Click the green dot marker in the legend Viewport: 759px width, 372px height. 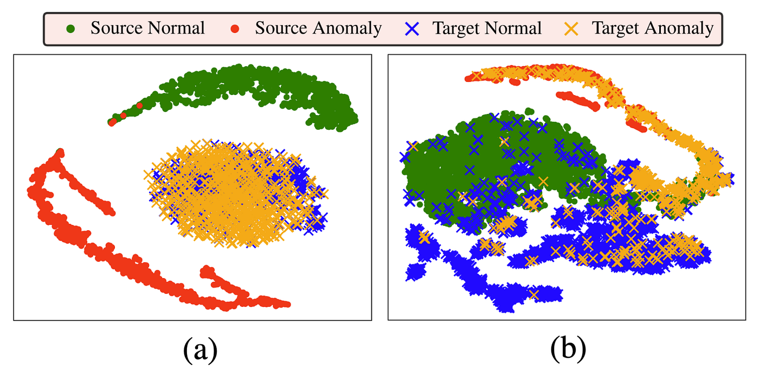[x=70, y=29]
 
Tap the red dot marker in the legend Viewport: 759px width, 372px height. [x=235, y=29]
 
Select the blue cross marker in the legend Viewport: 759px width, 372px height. [x=412, y=29]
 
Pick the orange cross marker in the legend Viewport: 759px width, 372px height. [x=571, y=29]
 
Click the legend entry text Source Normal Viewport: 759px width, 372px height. [x=147, y=28]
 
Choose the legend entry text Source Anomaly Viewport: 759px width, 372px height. [x=319, y=28]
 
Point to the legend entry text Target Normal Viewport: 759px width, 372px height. [x=487, y=28]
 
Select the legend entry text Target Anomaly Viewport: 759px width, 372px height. [x=653, y=28]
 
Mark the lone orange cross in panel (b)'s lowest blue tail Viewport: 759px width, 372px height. [x=534, y=294]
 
